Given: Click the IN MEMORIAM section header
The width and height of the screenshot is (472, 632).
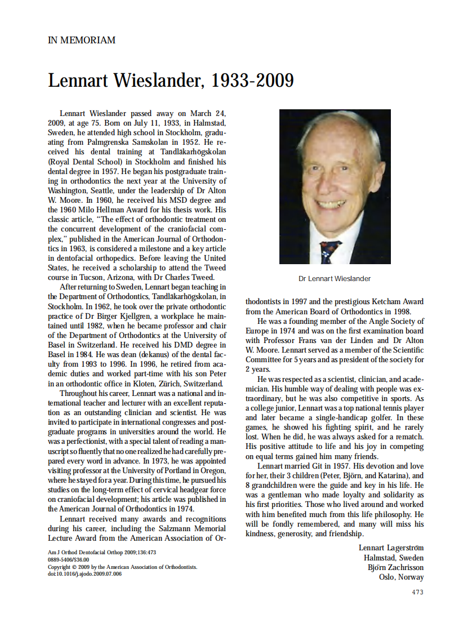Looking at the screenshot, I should pyautogui.click(x=82, y=41).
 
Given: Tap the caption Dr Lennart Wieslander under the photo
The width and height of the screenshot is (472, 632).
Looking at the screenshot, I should pyautogui.click(x=335, y=279).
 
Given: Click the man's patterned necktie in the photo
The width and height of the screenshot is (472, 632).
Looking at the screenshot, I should pyautogui.click(x=330, y=250).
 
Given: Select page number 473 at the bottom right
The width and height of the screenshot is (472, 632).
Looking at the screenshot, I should pyautogui.click(x=417, y=592).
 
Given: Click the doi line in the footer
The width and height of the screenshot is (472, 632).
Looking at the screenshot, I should pyautogui.click(x=84, y=574).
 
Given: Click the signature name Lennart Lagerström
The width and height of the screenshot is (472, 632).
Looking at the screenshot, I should pyautogui.click(x=391, y=548).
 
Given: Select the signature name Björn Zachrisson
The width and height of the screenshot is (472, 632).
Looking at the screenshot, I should pyautogui.click(x=395, y=567).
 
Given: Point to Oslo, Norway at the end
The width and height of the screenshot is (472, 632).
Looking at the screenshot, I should pyautogui.click(x=402, y=577).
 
